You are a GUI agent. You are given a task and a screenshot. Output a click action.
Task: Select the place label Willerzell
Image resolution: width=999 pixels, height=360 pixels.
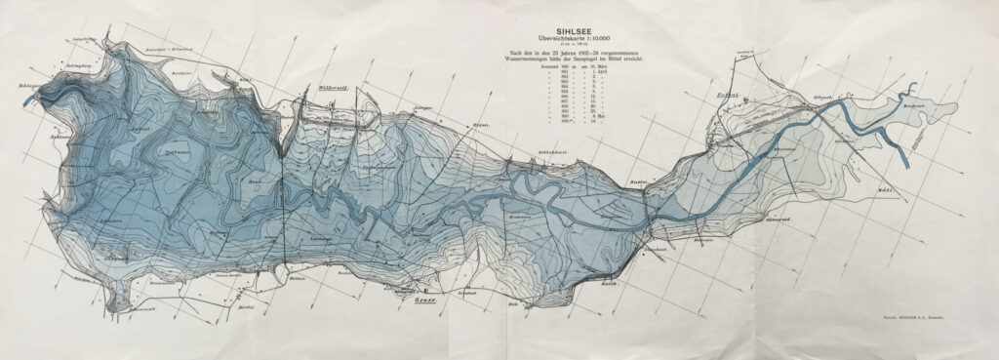[335, 89]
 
